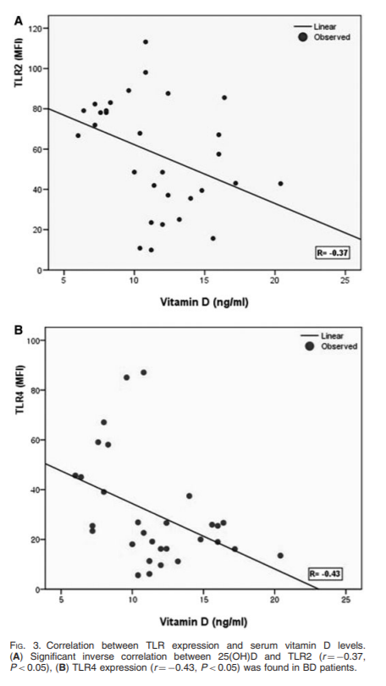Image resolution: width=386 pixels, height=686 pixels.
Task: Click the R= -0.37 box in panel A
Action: [x=332, y=252]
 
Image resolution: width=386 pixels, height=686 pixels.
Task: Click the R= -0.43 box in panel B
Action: [x=325, y=573]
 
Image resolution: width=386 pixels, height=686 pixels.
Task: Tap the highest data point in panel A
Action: [x=146, y=42]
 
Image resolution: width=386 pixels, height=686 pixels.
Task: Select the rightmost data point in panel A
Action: [x=281, y=184]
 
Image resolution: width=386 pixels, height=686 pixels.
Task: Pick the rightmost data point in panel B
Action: [x=280, y=556]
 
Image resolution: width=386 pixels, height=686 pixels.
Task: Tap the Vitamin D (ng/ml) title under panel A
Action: [x=204, y=302]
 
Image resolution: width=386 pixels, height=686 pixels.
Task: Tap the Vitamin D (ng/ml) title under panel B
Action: [x=203, y=622]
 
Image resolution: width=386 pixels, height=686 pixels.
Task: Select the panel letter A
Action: [x=18, y=20]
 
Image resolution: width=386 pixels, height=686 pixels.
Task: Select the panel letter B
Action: [x=19, y=330]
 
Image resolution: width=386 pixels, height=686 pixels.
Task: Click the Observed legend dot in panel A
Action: [x=303, y=37]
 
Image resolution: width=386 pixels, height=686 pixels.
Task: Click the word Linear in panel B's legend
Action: [x=332, y=336]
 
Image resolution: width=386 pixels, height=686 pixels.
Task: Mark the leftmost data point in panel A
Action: [x=78, y=136]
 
